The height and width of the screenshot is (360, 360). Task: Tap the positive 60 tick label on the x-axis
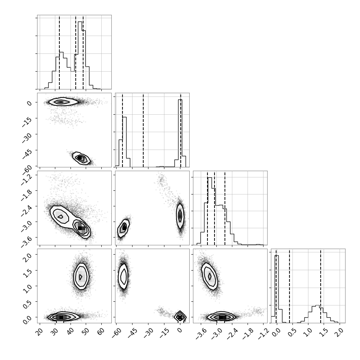point(102,331)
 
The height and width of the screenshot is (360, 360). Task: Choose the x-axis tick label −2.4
point(232,333)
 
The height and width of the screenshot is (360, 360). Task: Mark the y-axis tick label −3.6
point(26,242)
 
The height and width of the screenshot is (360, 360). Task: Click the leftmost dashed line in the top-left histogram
point(59,52)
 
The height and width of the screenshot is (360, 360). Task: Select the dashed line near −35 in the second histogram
point(143,130)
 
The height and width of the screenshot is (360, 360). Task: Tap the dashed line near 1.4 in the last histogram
point(321,286)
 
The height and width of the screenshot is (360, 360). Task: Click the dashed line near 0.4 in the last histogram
point(289,286)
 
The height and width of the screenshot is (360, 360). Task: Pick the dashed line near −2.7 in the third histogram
point(225,208)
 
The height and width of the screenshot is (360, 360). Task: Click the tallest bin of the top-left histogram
point(80,55)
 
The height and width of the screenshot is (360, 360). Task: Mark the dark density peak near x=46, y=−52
point(80,158)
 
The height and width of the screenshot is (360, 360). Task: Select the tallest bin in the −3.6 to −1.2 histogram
point(210,211)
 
